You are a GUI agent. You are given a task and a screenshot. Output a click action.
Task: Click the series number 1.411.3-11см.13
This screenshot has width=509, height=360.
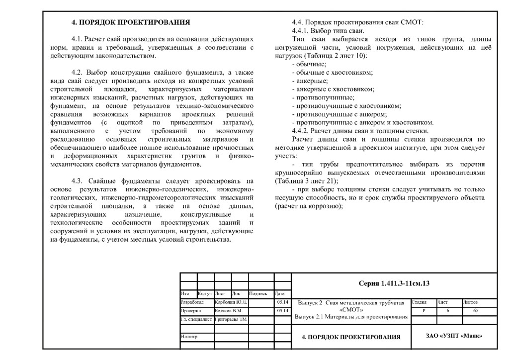coord(394,283)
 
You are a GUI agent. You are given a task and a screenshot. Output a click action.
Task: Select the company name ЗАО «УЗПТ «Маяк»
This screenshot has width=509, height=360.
coord(454,336)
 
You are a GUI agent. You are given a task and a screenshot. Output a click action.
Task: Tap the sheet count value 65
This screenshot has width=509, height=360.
coord(476,310)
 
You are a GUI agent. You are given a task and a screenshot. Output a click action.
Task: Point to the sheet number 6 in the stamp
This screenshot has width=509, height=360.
coord(447,310)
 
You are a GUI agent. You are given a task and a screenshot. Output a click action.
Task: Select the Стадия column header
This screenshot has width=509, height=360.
coord(420,302)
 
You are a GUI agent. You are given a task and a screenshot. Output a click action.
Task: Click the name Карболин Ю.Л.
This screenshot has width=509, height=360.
coord(232,302)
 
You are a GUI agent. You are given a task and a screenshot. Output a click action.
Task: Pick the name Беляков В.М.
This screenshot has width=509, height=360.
coord(228,311)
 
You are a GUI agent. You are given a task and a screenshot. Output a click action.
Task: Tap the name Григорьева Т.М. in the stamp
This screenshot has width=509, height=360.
coord(231,319)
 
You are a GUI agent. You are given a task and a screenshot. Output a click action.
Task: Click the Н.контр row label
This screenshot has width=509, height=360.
coord(189,337)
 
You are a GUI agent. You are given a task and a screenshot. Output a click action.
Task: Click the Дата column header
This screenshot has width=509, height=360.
coord(279,293)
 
